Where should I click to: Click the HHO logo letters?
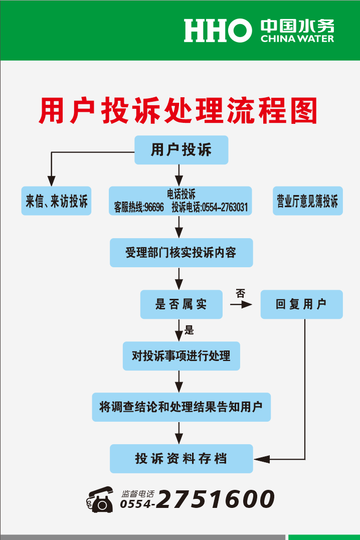(218, 31)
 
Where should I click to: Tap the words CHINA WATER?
(297, 39)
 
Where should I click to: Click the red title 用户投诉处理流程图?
(178, 110)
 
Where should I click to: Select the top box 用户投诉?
(181, 150)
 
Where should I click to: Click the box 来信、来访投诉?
(56, 201)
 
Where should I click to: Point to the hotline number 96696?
(154, 207)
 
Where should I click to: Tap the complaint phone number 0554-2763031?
(225, 207)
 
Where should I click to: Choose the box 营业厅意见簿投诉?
(308, 201)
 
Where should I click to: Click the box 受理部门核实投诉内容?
(181, 252)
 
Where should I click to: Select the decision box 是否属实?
(181, 304)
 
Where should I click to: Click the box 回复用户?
(301, 304)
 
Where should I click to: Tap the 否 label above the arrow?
(241, 293)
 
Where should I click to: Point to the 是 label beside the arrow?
(189, 330)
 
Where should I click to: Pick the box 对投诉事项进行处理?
(181, 356)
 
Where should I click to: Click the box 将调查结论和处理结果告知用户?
(181, 407)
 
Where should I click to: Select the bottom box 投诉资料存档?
(181, 458)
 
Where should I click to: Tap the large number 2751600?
(216, 499)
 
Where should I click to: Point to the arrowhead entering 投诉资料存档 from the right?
(262, 459)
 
